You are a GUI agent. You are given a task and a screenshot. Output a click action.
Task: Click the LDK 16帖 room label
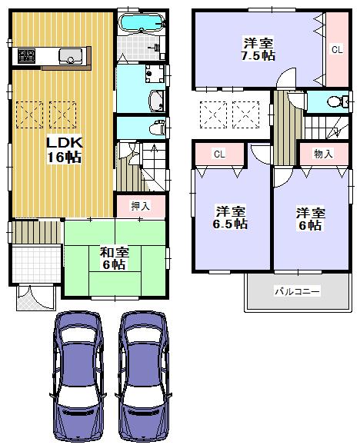(x=64, y=150)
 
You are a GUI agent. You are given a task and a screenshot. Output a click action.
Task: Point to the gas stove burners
(x=26, y=55)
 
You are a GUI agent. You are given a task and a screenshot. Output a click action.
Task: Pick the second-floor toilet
(x=335, y=102)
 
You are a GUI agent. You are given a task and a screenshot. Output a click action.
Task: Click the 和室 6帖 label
(x=114, y=257)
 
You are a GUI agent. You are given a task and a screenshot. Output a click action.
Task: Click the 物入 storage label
(x=324, y=154)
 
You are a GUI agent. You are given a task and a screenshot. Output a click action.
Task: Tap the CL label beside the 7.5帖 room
(x=336, y=49)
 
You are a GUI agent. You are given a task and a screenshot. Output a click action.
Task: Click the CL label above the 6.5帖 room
(x=219, y=154)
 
